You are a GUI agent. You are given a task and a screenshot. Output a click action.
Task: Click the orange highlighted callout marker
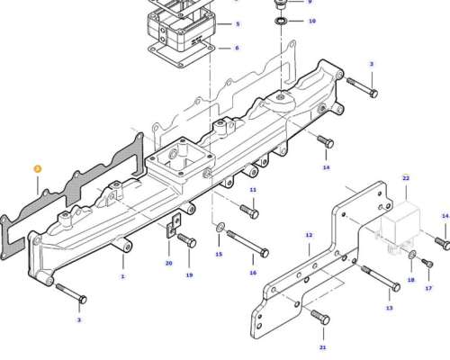coord(37,169)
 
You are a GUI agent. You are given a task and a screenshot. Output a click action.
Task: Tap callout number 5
coord(238,24)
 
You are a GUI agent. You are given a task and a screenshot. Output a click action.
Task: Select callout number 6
coord(237,48)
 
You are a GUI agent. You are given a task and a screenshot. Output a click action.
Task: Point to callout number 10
coord(312,21)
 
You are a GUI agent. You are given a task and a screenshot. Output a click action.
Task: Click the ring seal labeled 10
coord(281,22)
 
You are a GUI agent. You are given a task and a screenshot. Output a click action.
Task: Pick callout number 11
coord(253,190)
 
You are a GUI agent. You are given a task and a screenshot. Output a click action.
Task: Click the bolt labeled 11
coord(249,211)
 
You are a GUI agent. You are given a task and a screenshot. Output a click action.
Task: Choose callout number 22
coord(406,178)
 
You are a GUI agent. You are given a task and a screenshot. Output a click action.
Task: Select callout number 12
coord(309,235)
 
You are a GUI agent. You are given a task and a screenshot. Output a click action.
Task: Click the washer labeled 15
coord(220,228)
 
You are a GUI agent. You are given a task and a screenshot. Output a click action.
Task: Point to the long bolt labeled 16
coord(247,244)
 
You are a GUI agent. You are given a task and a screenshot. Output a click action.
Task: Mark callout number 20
coord(169,264)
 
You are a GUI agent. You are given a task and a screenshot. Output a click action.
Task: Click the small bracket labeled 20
coord(174,225)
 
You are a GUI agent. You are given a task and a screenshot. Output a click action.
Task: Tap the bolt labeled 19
coord(186,240)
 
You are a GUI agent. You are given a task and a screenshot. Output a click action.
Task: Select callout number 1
coord(122,276)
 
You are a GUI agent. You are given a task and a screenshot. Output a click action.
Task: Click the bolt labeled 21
coord(320,318)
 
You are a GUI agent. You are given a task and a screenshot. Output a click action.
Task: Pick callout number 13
coord(389,308)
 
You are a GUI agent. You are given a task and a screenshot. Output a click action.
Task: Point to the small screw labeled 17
coord(427,263)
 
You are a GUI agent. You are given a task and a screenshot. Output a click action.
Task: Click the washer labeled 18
coord(412,255)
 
